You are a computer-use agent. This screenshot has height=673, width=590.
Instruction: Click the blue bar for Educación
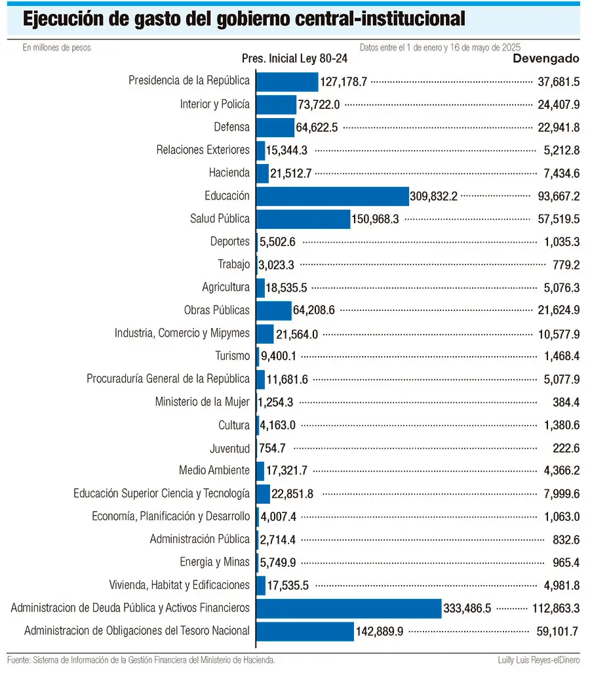tap(332, 196)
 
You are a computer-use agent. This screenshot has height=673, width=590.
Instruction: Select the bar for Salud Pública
tap(304, 219)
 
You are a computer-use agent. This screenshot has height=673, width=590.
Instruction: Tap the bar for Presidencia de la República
tap(288, 81)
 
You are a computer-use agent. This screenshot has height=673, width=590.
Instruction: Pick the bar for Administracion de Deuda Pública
tap(349, 608)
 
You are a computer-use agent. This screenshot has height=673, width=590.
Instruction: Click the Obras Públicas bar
tap(274, 310)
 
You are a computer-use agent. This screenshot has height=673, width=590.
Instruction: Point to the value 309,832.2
tap(433, 197)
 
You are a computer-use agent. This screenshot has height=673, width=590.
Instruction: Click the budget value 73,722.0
tap(319, 105)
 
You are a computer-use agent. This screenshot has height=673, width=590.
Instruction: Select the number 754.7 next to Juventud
tap(272, 449)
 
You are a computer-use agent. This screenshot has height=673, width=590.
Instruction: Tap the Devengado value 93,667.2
tap(559, 197)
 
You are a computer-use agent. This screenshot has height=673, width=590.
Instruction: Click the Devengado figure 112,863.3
tap(556, 609)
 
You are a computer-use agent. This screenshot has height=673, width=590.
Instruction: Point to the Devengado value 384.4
tap(566, 403)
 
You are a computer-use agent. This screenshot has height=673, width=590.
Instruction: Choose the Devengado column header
tap(546, 58)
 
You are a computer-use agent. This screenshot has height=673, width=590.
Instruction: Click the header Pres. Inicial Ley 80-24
tap(295, 58)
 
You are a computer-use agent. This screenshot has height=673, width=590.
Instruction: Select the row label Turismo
tap(233, 356)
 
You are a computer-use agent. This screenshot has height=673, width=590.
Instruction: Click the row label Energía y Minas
tap(214, 562)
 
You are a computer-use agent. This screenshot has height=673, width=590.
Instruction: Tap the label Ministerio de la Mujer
tap(202, 401)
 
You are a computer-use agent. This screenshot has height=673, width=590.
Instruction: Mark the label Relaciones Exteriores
tap(203, 150)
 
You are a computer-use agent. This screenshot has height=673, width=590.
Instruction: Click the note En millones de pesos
tap(58, 48)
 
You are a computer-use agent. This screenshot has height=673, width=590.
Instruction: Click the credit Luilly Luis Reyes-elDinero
tap(538, 660)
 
